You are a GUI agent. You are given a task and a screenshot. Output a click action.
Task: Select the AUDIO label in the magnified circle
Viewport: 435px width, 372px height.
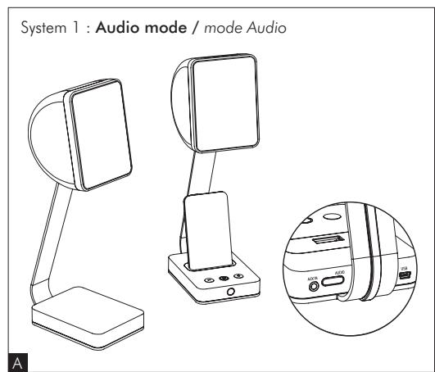pos(338,265)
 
